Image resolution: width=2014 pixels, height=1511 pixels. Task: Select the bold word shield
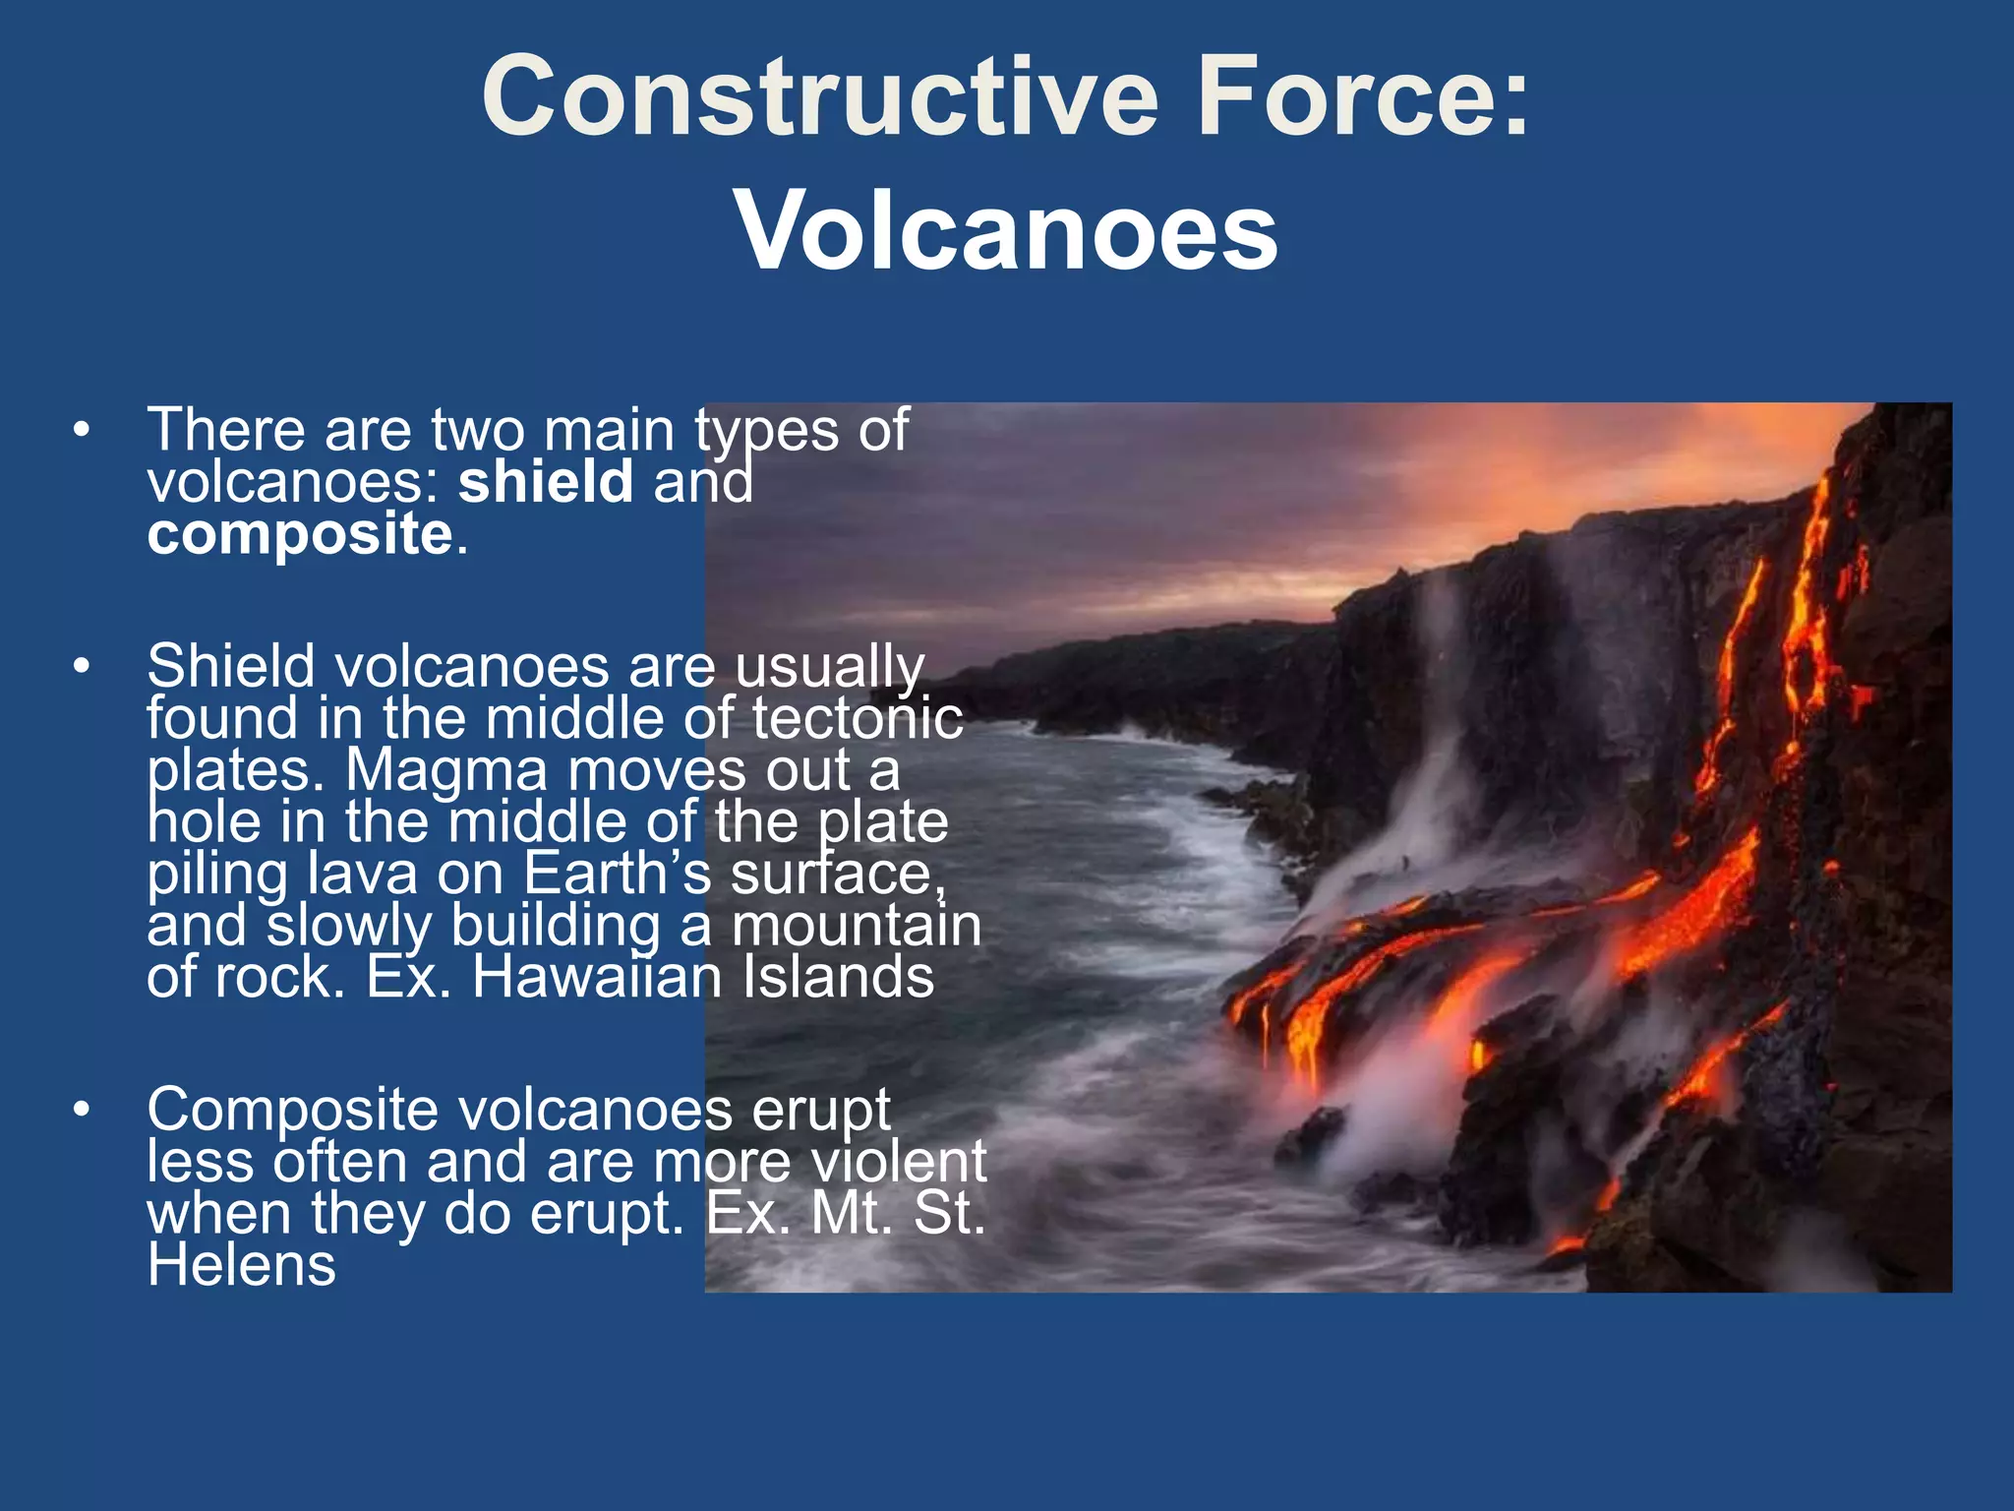[546, 482]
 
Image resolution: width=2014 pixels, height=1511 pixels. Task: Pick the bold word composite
[300, 536]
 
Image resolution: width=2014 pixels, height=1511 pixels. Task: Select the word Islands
[837, 977]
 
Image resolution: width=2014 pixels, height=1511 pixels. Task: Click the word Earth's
[618, 874]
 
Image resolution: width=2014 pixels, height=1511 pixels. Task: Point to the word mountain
[856, 926]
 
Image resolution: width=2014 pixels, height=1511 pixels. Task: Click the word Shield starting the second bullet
[231, 666]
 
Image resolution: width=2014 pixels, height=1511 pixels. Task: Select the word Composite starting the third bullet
[292, 1110]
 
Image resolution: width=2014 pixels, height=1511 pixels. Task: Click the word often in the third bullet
[339, 1162]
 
